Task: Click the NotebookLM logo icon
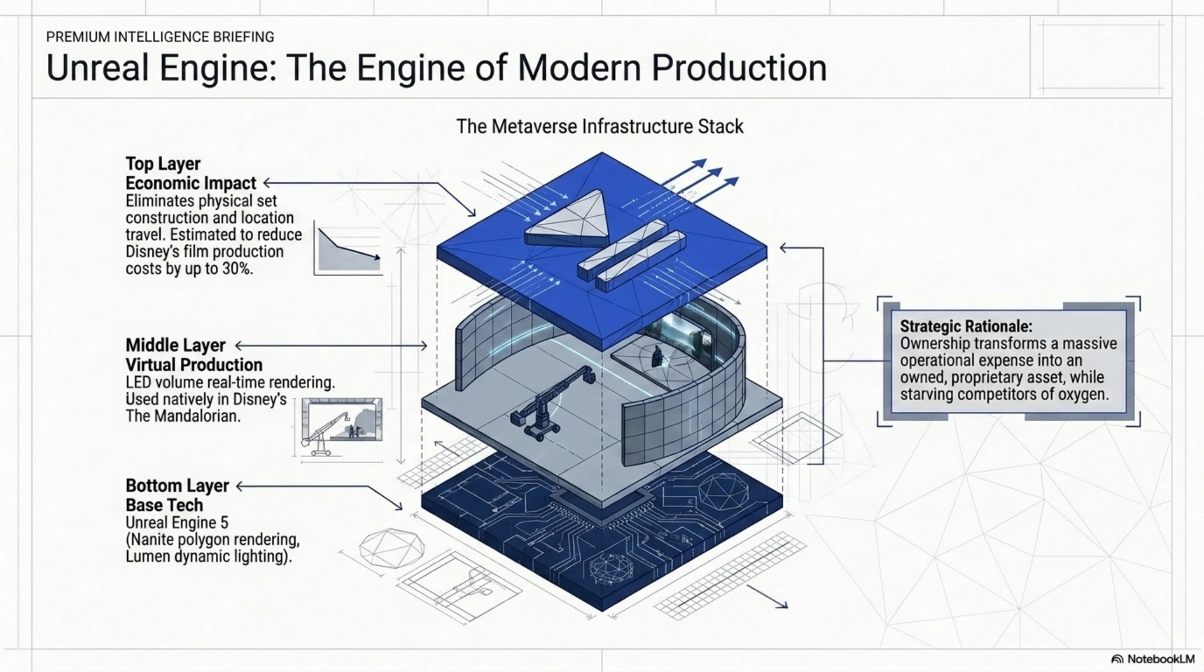click(x=1117, y=659)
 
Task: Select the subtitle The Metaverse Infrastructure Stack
click(x=600, y=127)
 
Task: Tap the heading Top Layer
click(x=163, y=164)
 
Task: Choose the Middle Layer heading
click(x=176, y=345)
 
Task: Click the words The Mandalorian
click(x=183, y=416)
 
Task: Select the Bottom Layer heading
click(x=177, y=486)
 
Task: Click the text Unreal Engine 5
click(x=177, y=523)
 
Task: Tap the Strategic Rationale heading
click(x=966, y=326)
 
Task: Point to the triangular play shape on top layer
click(x=566, y=219)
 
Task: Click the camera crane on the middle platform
click(x=551, y=402)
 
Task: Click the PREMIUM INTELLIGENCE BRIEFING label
click(x=160, y=37)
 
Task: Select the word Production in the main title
click(x=739, y=68)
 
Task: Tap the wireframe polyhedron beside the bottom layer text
click(x=391, y=548)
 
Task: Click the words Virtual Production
click(x=194, y=365)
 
